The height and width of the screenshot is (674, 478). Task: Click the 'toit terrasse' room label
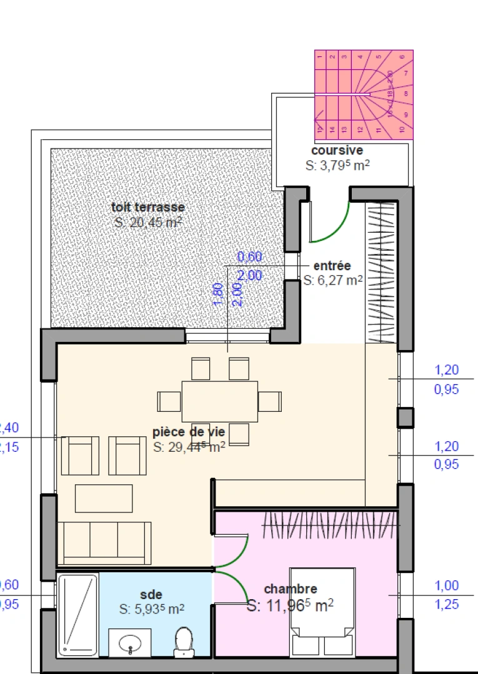148,208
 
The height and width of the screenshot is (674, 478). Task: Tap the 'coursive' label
337,150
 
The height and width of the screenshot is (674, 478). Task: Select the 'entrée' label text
332,266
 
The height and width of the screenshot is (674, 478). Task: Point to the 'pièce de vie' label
189,431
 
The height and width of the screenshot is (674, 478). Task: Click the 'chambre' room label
290,589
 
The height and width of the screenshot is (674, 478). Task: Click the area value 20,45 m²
148,223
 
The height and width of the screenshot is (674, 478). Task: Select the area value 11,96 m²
290,605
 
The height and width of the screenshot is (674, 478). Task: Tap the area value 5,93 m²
152,609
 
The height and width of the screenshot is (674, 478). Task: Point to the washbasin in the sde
130,642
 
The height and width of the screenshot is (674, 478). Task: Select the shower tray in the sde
78,615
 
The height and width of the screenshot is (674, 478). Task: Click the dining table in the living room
219,401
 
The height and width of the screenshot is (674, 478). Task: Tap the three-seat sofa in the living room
104,543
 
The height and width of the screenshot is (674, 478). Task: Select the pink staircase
363,94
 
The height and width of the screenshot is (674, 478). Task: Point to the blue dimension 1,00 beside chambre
447,586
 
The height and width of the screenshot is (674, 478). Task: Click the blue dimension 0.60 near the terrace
249,256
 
